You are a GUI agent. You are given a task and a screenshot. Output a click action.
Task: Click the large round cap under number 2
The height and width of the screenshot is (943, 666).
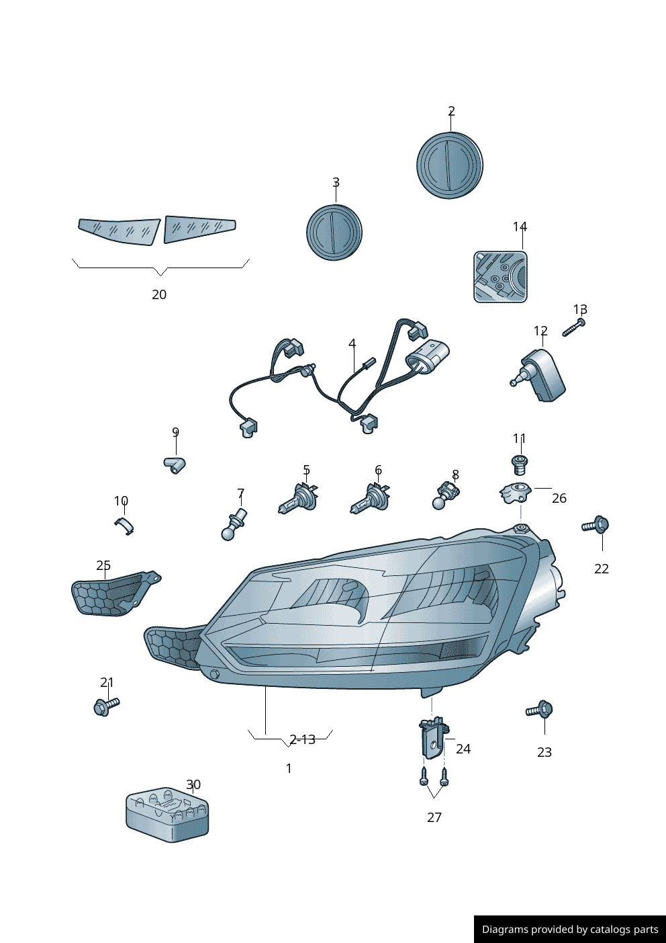click(449, 165)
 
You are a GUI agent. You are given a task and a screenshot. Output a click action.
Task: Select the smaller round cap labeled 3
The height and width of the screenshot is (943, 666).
click(334, 233)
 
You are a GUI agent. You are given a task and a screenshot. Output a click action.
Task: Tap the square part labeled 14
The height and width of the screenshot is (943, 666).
click(500, 277)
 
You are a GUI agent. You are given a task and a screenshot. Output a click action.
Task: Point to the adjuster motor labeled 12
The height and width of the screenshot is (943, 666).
click(539, 376)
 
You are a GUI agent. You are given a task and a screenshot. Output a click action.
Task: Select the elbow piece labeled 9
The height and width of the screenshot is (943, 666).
click(175, 464)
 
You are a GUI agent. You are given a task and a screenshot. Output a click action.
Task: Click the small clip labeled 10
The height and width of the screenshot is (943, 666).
click(124, 526)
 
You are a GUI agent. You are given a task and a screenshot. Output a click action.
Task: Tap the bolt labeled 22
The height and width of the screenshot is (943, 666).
click(596, 525)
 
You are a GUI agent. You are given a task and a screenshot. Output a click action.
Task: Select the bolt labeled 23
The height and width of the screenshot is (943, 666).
click(539, 710)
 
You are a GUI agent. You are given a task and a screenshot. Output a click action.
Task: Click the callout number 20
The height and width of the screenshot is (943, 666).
click(159, 294)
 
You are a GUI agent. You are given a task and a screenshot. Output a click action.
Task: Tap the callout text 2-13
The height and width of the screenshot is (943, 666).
click(302, 739)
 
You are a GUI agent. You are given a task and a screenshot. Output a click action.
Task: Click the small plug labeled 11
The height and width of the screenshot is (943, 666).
click(520, 465)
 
